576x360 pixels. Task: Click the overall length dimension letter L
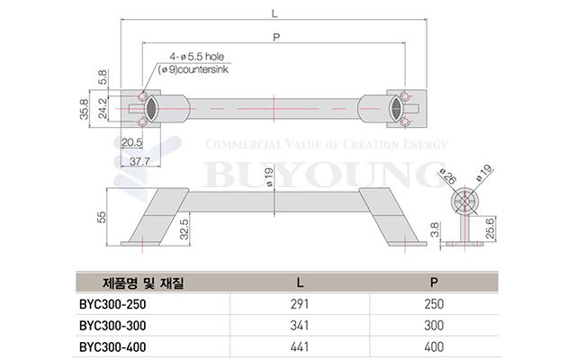point(274,13)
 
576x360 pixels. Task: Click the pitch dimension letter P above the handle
point(274,38)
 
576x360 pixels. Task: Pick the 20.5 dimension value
point(133,142)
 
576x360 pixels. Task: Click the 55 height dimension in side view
point(102,216)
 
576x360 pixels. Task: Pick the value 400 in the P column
point(433,346)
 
